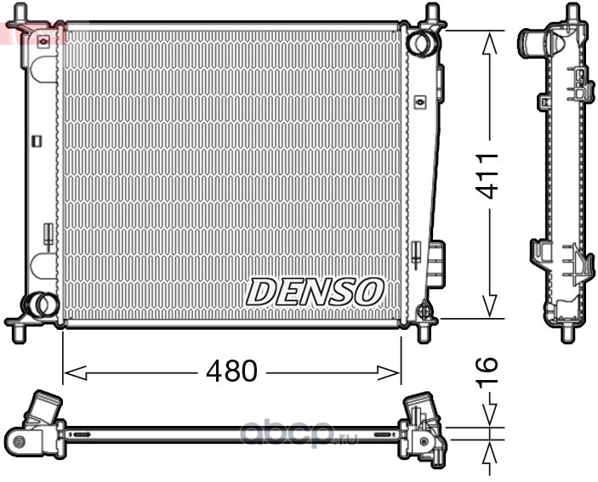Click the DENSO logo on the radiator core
(x=315, y=292)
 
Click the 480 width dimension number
(x=232, y=371)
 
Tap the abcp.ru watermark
(x=299, y=434)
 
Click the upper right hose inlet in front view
(x=421, y=43)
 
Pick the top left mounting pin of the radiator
(x=20, y=12)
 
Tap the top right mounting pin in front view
(x=432, y=12)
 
